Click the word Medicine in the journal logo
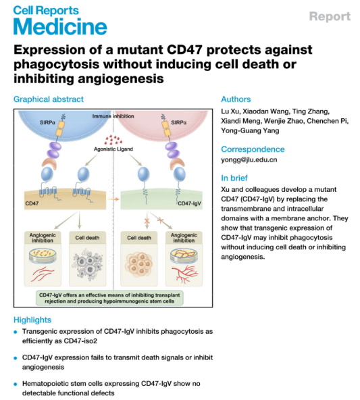(60, 26)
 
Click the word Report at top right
(330, 16)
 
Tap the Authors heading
(236, 99)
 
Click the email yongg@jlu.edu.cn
(249, 160)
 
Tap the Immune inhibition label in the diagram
(112, 117)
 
